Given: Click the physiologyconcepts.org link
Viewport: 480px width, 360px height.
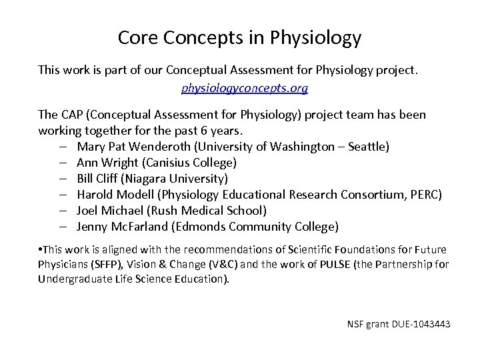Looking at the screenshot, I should coord(245,87).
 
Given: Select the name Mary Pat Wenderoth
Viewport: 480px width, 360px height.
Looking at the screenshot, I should coord(131,146).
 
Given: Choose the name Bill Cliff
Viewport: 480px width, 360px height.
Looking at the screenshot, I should coord(97,178).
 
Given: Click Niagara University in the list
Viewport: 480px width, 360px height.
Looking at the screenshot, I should coord(175,178).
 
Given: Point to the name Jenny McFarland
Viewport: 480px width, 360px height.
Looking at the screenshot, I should coord(121,226).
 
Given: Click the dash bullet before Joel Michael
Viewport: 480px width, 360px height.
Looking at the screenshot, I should coord(61,210).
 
